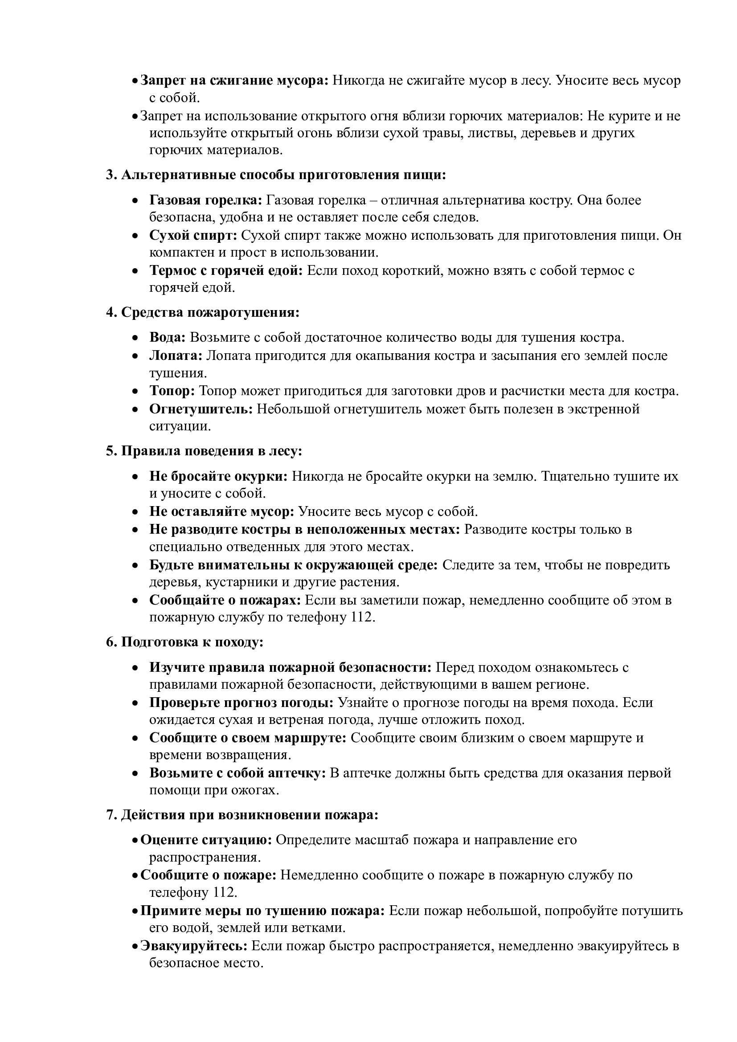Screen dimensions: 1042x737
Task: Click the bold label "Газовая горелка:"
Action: coord(205,200)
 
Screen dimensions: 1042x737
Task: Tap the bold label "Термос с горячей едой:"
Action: coord(226,270)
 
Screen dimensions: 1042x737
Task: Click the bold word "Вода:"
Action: coord(168,338)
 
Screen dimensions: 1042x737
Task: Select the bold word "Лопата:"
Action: coord(176,356)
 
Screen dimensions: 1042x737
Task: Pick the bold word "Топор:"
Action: coord(172,391)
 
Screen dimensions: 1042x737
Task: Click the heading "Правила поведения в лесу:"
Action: coord(212,451)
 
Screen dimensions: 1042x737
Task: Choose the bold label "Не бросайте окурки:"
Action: coord(218,476)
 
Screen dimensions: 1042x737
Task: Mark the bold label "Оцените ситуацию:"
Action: coord(206,840)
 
